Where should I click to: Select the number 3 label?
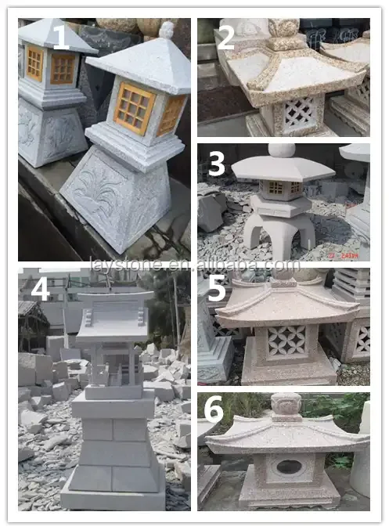click(x=216, y=164)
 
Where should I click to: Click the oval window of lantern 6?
click(x=289, y=467)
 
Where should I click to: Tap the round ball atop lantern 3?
click(x=281, y=150)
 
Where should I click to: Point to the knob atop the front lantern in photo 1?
click(x=166, y=30)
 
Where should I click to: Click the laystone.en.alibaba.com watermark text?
click(x=194, y=265)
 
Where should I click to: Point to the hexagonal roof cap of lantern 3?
click(x=282, y=168)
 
